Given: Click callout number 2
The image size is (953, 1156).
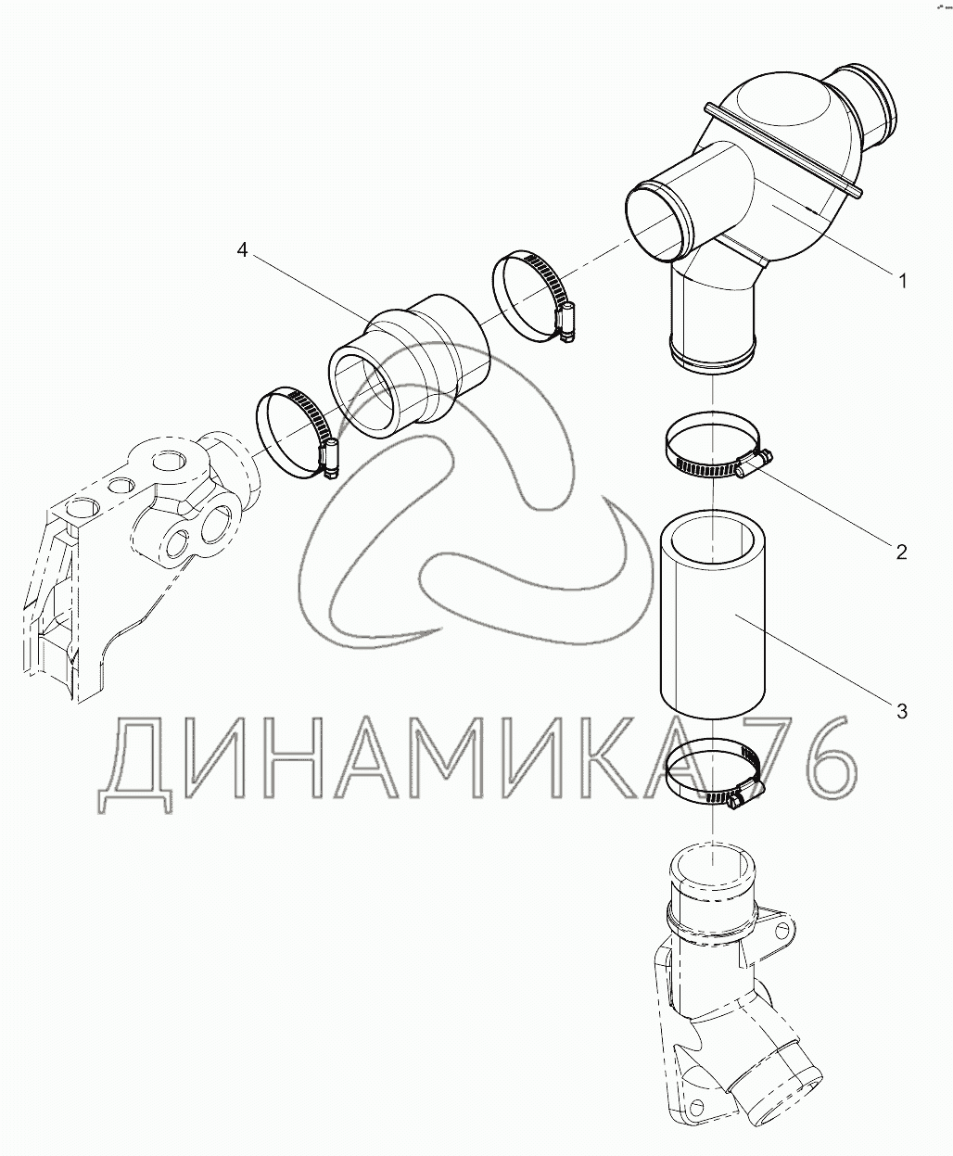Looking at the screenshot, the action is tap(901, 552).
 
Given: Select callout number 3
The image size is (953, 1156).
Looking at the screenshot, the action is tap(902, 711).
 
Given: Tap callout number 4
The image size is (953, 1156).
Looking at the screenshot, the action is tap(242, 251).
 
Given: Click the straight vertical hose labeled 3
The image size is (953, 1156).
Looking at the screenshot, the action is tap(712, 614).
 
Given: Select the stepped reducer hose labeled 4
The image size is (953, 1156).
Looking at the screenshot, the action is tap(409, 366).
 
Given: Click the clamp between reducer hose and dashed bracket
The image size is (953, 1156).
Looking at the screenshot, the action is tap(297, 432).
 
